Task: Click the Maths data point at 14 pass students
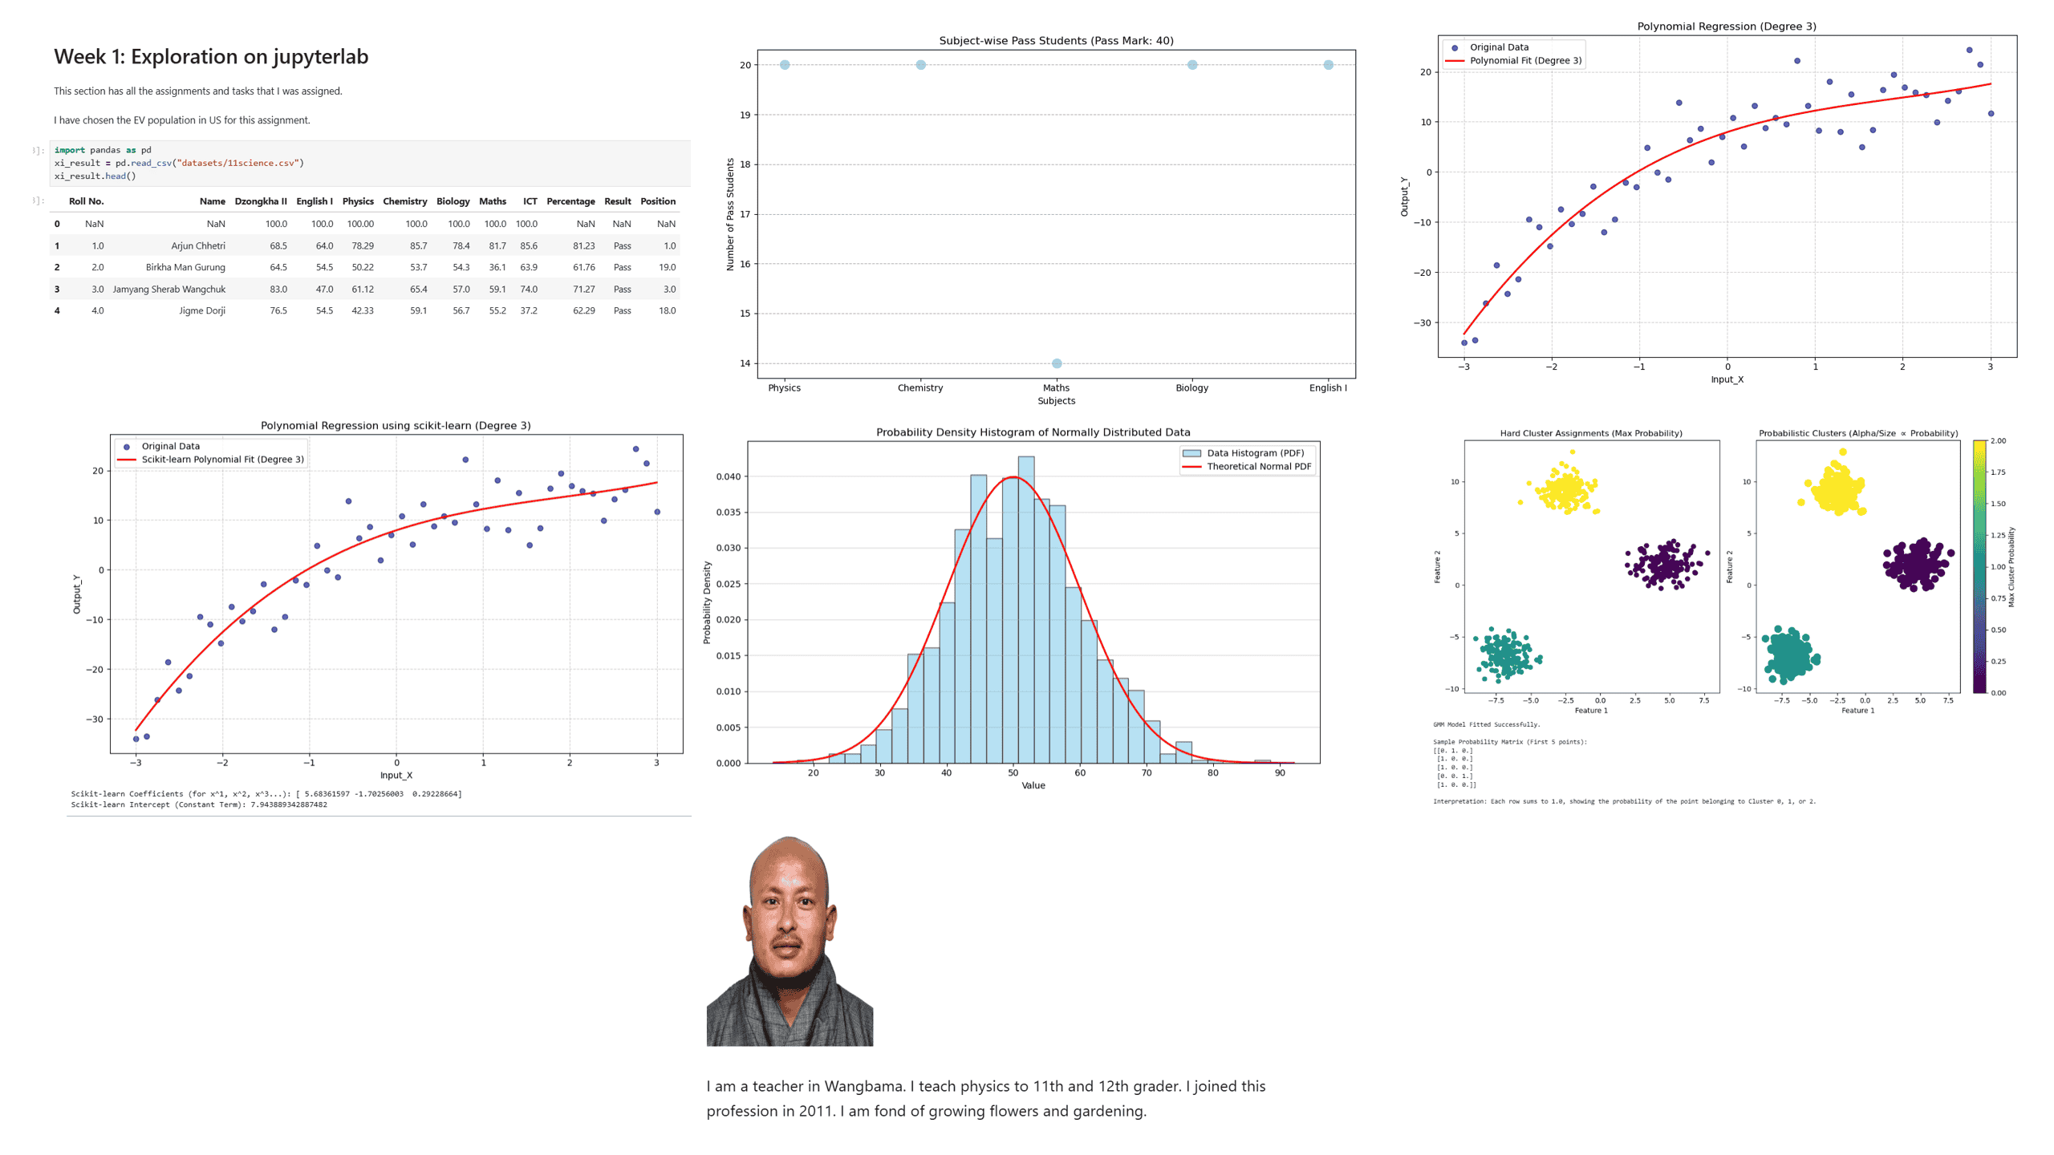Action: (x=1056, y=363)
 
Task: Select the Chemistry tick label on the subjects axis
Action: (x=919, y=388)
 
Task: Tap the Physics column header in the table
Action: (x=358, y=201)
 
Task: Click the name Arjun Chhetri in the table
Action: (x=197, y=245)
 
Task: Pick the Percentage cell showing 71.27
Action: (x=583, y=289)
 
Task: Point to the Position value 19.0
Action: (x=667, y=267)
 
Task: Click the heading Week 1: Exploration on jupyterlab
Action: (x=211, y=57)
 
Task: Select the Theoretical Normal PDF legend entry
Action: (x=1258, y=466)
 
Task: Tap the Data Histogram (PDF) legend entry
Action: (x=1255, y=453)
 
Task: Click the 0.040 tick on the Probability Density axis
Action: (x=728, y=476)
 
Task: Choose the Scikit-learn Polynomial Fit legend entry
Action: (x=222, y=460)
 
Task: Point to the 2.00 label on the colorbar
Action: (x=1998, y=441)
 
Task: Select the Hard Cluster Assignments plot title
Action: (x=1590, y=433)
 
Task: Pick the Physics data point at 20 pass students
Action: (x=784, y=65)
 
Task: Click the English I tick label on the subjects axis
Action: (x=1327, y=388)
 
